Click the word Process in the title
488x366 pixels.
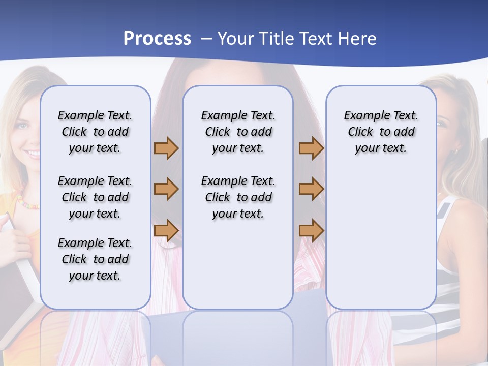coord(157,38)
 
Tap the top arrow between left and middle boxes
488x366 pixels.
coord(166,148)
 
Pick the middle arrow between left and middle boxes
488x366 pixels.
coord(166,189)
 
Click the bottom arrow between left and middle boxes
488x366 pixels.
coord(166,230)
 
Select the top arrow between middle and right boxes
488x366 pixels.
coord(311,148)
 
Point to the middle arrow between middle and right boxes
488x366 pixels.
coord(311,189)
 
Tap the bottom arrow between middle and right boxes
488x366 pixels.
coord(311,230)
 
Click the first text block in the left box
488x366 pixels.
coord(95,132)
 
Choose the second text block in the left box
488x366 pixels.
coord(95,197)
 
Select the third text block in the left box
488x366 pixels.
coord(95,259)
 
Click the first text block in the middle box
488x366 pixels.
coord(238,132)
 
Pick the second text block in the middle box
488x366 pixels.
coord(238,197)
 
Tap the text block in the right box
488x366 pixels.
coord(381,132)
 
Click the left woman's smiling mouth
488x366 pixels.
coord(33,152)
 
